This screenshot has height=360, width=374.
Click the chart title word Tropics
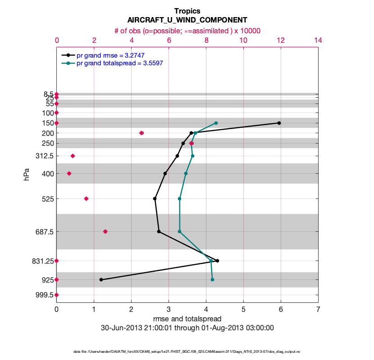187,11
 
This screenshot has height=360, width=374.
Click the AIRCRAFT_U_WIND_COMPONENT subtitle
187,20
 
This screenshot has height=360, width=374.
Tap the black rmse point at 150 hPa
279,123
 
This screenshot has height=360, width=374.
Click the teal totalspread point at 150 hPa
216,123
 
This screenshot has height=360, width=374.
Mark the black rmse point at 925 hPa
101,279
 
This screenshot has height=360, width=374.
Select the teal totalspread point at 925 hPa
212,279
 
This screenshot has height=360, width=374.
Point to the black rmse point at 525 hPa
155,198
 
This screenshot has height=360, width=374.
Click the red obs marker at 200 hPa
141,133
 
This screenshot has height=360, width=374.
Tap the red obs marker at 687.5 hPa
105,231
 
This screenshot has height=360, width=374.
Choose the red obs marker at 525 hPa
86,198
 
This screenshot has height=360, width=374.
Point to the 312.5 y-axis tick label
45,156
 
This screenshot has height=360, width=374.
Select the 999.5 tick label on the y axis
45,295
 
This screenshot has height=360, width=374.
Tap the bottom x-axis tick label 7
318,310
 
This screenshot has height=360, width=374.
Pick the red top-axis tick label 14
318,40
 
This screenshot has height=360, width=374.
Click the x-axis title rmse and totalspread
187,319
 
